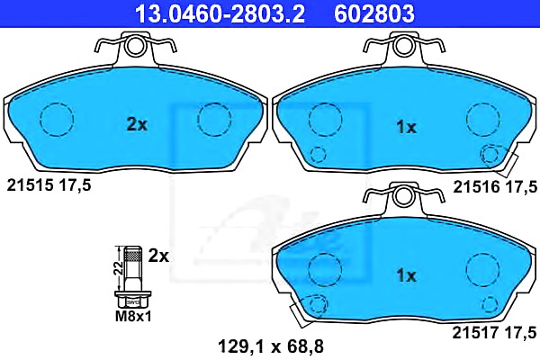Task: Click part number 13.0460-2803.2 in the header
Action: (220, 13)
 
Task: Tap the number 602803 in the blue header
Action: (374, 13)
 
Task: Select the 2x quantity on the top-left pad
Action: (137, 124)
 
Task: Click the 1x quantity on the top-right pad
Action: (407, 127)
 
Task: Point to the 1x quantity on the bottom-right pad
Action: (407, 275)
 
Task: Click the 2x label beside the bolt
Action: (158, 256)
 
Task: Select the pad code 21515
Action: (31, 185)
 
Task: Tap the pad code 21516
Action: (476, 187)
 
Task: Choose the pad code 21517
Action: (475, 333)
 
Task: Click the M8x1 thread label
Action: (133, 316)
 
